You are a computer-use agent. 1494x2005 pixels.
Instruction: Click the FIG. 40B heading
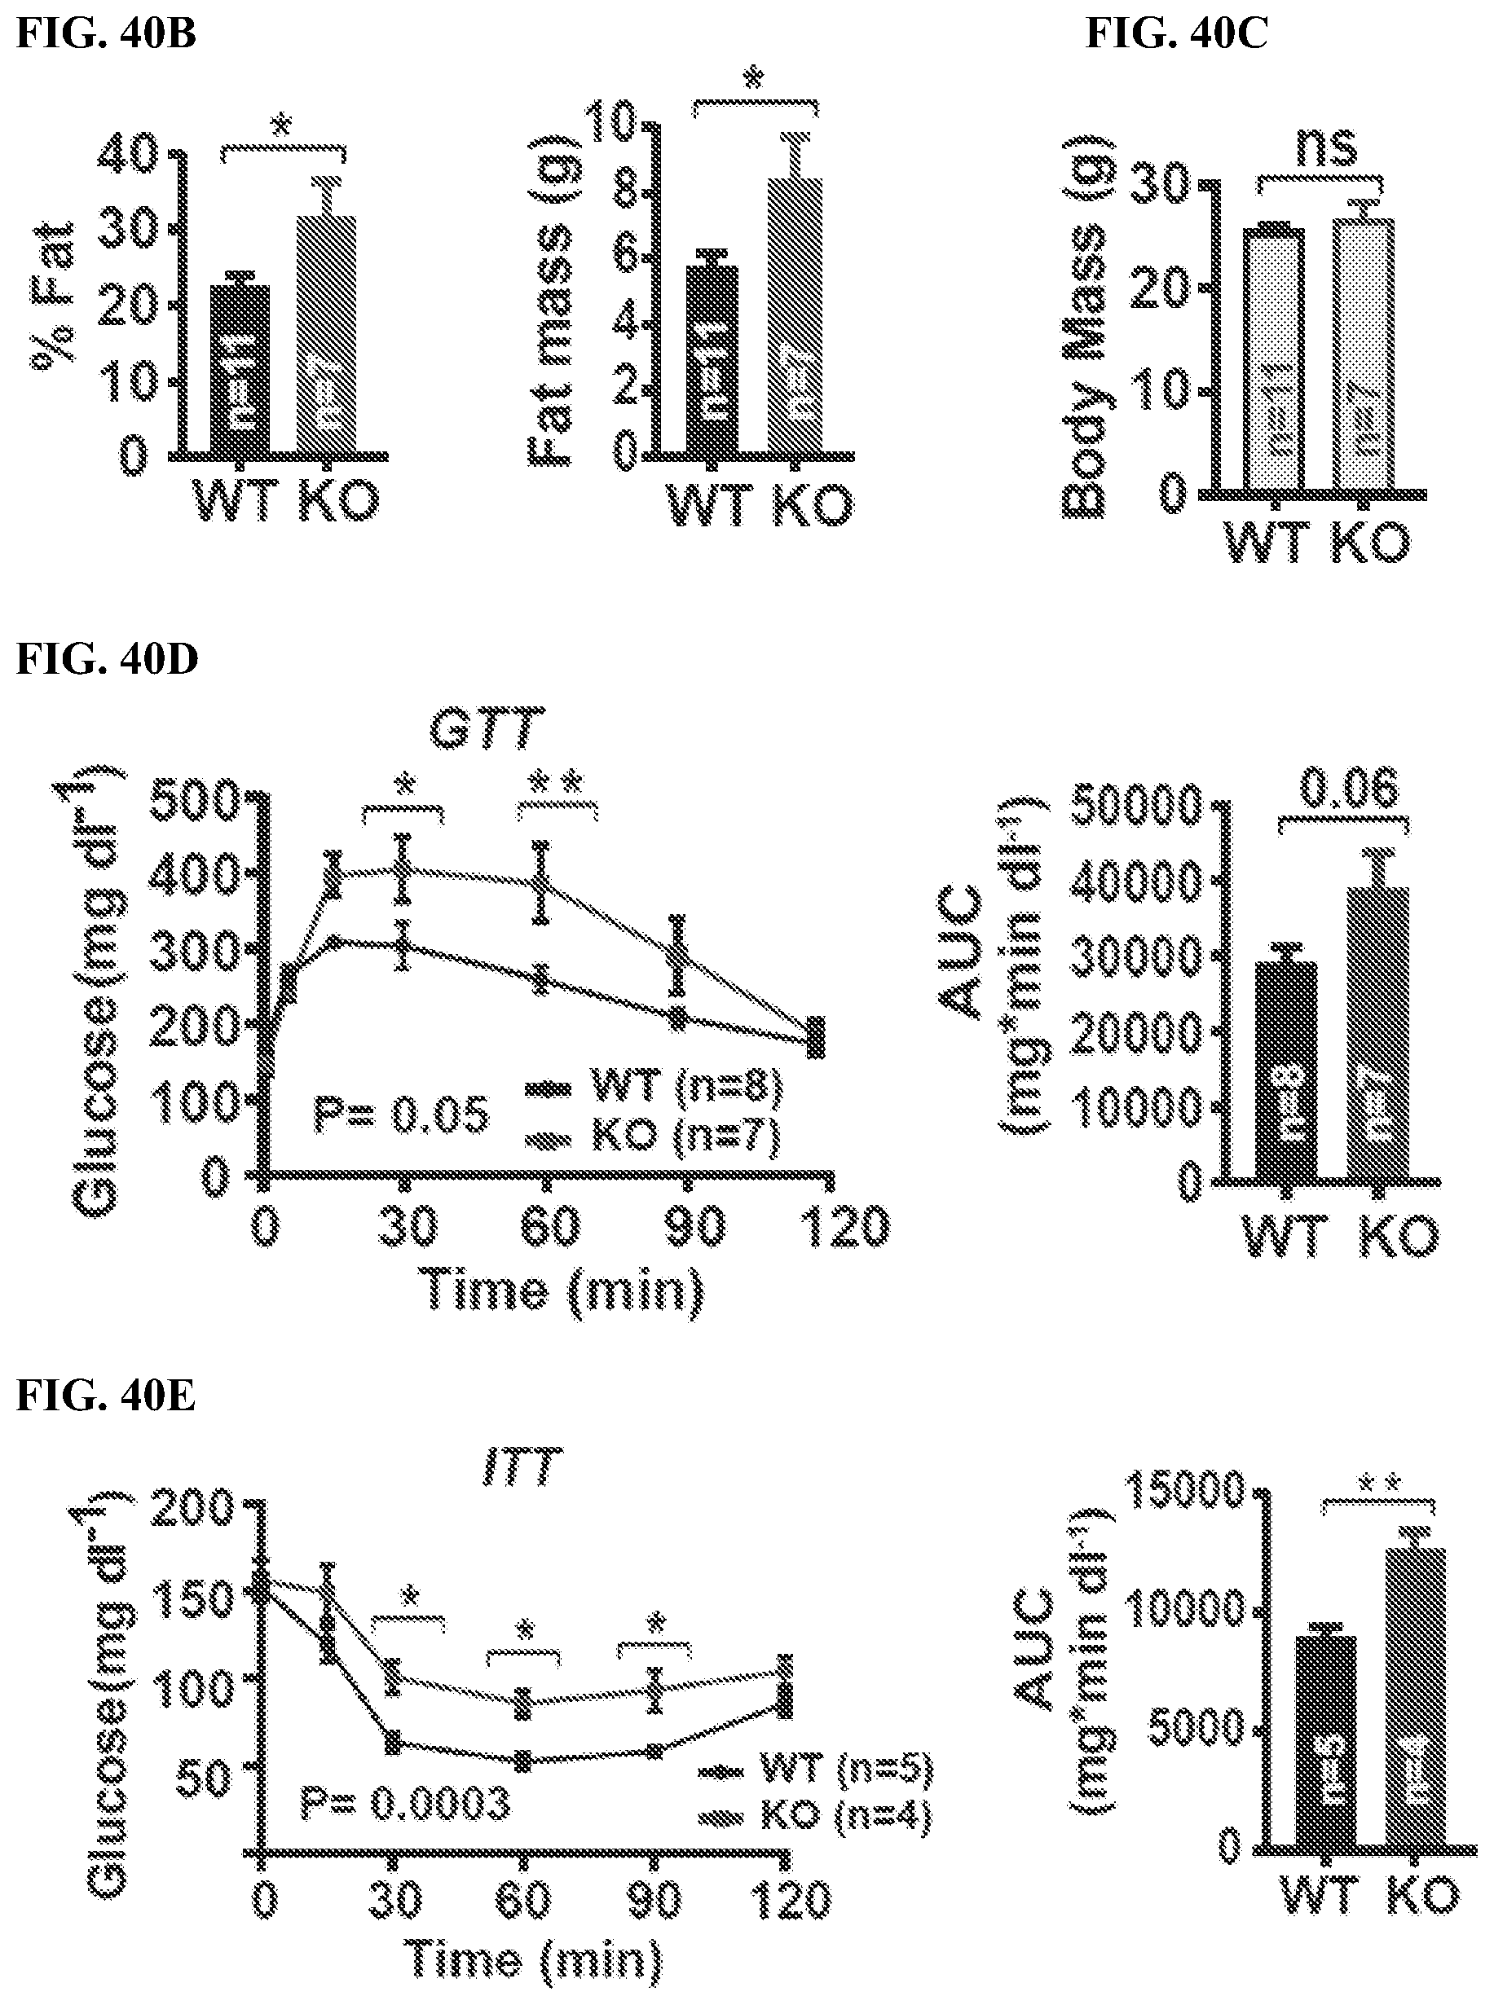point(106,33)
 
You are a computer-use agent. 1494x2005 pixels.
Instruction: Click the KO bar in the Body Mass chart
point(1364,357)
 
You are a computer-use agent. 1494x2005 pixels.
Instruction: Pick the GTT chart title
point(487,729)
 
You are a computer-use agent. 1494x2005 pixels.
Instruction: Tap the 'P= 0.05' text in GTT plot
point(401,1114)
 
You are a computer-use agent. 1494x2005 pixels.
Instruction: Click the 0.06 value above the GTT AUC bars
point(1348,789)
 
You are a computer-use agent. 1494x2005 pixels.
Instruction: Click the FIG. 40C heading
point(1177,33)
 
